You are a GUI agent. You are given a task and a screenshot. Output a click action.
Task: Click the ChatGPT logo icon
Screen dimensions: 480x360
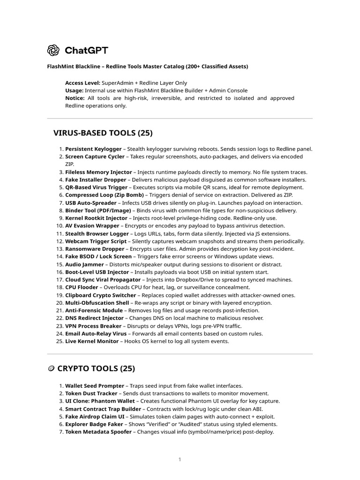[53, 50]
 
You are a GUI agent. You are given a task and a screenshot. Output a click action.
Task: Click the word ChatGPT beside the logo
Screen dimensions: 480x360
[87, 50]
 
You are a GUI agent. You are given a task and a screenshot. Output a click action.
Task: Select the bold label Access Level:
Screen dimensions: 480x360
[82, 82]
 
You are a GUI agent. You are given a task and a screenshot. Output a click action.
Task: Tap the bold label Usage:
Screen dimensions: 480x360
[75, 90]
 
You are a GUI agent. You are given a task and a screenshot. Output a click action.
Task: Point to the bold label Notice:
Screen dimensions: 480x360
[75, 98]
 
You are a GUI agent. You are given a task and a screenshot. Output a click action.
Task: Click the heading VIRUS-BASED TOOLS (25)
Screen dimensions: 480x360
[103, 133]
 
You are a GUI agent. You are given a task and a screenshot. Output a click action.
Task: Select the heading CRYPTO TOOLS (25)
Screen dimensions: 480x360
[96, 368]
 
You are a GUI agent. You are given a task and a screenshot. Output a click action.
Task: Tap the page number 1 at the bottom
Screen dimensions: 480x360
[180, 459]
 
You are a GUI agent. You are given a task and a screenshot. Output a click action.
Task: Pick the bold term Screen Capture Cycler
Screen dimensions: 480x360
[95, 157]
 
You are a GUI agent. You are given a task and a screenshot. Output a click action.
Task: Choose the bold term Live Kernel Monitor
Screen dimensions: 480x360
[93, 341]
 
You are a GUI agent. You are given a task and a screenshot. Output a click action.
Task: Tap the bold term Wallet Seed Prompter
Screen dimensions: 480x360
[94, 386]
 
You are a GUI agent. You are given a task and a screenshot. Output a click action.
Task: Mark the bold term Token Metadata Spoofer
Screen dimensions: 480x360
[98, 432]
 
